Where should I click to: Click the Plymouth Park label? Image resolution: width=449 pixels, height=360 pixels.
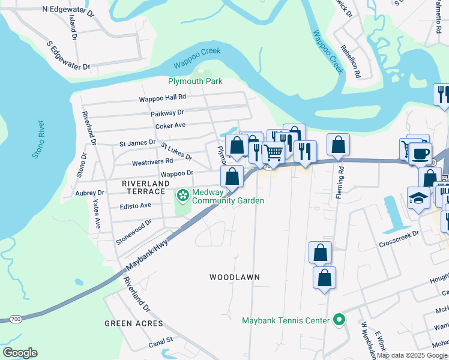tap(194, 81)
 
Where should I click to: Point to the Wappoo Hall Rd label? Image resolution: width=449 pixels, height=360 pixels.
tap(163, 97)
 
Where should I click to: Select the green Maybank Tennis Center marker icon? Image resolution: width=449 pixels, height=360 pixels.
tap(339, 320)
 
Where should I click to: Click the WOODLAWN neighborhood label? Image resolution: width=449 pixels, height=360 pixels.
tap(234, 277)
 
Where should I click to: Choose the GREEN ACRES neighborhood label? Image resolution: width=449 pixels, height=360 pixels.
tap(133, 323)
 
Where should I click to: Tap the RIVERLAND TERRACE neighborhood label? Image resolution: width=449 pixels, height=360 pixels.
tap(143, 187)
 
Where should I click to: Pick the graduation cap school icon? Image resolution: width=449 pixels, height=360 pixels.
tap(418, 198)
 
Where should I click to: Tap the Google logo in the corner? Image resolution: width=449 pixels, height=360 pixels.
tap(20, 353)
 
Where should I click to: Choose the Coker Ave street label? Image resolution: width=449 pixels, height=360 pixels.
tap(170, 126)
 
